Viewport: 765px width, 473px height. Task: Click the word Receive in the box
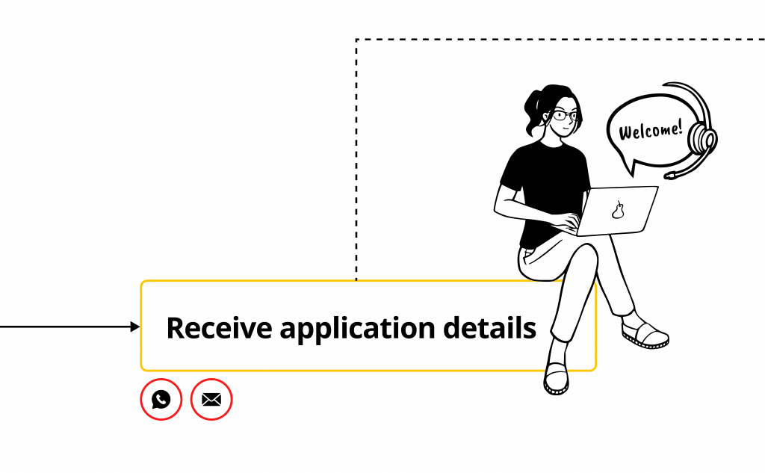click(x=219, y=327)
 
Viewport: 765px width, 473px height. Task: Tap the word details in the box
click(x=490, y=327)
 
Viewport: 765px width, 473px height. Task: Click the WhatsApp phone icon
click(x=161, y=399)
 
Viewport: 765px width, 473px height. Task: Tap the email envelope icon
click(x=211, y=399)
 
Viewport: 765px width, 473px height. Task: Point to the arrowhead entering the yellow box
click(x=136, y=327)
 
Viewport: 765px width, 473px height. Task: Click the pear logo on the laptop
click(x=618, y=211)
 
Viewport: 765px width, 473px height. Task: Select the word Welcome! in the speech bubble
click(x=651, y=130)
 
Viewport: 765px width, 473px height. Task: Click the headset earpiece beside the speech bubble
click(x=702, y=139)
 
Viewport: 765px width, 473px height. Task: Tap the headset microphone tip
click(x=669, y=176)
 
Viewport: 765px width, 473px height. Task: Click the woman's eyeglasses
click(x=565, y=116)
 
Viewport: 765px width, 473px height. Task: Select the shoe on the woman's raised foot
click(x=645, y=335)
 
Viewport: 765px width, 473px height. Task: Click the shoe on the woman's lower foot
click(x=556, y=379)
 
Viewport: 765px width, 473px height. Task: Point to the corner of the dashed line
click(x=356, y=40)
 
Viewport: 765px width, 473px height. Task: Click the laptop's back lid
click(x=616, y=211)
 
